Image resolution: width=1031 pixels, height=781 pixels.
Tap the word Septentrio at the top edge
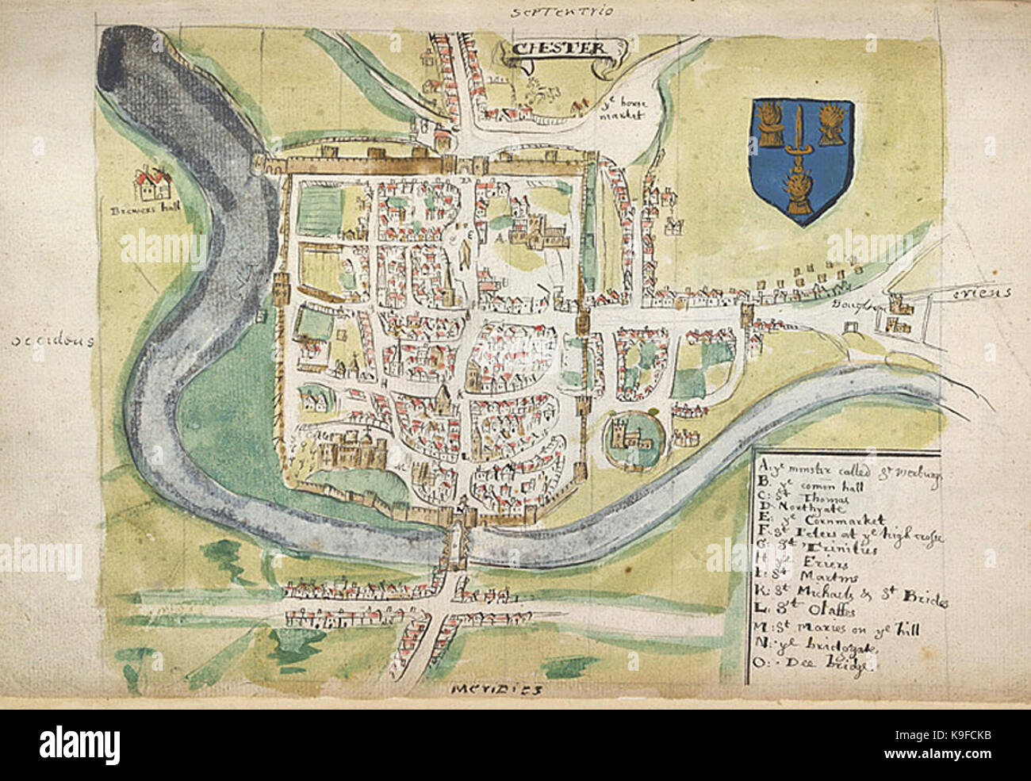(x=552, y=12)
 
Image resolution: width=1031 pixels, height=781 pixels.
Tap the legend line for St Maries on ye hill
(x=829, y=633)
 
